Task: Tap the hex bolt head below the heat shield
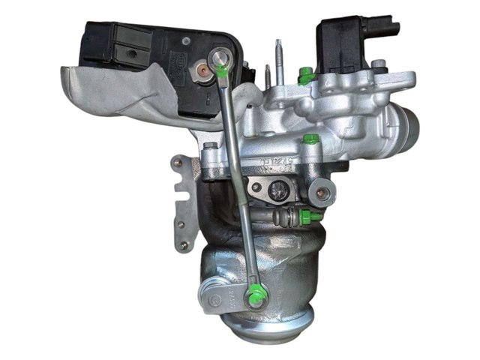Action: pyautogui.click(x=211, y=145)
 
